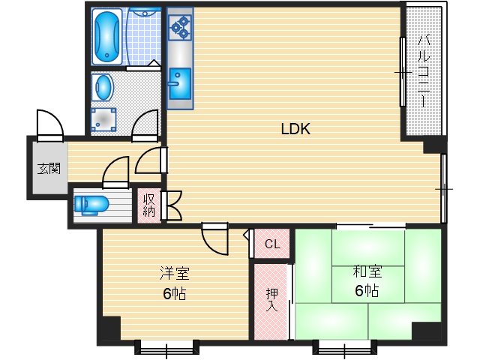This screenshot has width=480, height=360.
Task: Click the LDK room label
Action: (295, 129)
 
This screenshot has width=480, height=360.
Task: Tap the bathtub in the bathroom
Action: (106, 36)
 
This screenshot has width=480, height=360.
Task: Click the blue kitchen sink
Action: (179, 82)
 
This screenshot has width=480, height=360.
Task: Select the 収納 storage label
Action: (148, 205)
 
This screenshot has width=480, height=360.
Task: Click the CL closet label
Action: (272, 244)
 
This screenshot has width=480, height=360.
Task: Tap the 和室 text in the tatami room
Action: (367, 272)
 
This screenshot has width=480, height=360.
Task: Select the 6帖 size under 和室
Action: (367, 291)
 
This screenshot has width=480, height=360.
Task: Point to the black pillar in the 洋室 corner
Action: (109, 328)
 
